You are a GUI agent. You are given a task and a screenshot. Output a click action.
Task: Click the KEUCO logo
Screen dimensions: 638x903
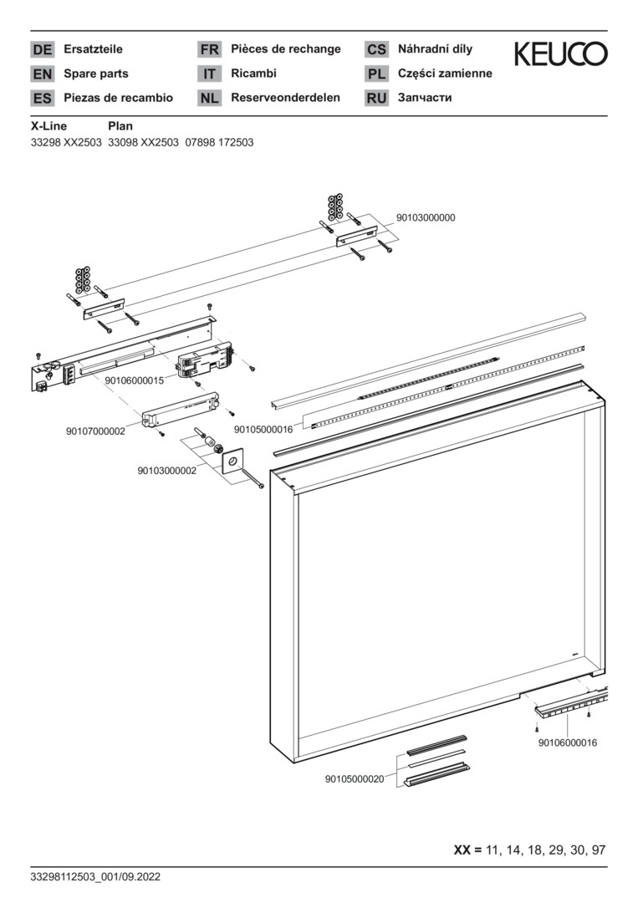point(560,54)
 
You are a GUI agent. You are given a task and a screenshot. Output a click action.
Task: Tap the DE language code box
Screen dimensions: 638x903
point(42,49)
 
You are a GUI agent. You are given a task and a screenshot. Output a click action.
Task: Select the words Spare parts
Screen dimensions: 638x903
point(96,74)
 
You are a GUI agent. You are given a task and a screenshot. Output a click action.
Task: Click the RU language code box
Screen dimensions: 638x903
point(376,98)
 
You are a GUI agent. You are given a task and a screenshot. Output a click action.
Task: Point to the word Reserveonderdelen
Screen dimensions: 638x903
point(286,97)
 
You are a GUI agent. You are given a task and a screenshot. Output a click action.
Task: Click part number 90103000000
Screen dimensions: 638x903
point(426,217)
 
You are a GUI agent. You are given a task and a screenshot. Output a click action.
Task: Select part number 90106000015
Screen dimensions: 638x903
point(134,380)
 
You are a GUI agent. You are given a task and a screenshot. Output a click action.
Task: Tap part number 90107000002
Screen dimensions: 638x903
point(95,431)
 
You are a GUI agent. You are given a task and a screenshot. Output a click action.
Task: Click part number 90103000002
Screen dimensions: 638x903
point(167,471)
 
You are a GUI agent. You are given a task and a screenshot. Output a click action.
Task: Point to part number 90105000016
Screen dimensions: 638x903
point(263,430)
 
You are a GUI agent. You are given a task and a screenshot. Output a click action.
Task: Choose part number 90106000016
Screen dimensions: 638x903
point(568,742)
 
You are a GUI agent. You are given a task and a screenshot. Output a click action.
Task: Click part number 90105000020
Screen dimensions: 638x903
point(355,779)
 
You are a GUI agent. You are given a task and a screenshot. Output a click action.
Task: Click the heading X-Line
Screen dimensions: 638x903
point(49,126)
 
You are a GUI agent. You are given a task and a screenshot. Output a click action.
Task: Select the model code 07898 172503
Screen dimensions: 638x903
point(219,142)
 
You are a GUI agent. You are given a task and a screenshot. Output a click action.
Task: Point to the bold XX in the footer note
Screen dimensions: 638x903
point(462,849)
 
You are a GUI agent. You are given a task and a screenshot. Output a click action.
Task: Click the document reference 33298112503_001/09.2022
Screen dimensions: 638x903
point(95,877)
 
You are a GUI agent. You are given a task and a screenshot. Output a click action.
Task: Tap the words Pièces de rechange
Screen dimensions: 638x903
point(286,49)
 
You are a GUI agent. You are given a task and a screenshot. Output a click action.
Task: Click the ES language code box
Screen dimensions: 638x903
point(42,98)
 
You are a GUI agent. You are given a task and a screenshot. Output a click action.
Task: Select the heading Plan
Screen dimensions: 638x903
point(120,126)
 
